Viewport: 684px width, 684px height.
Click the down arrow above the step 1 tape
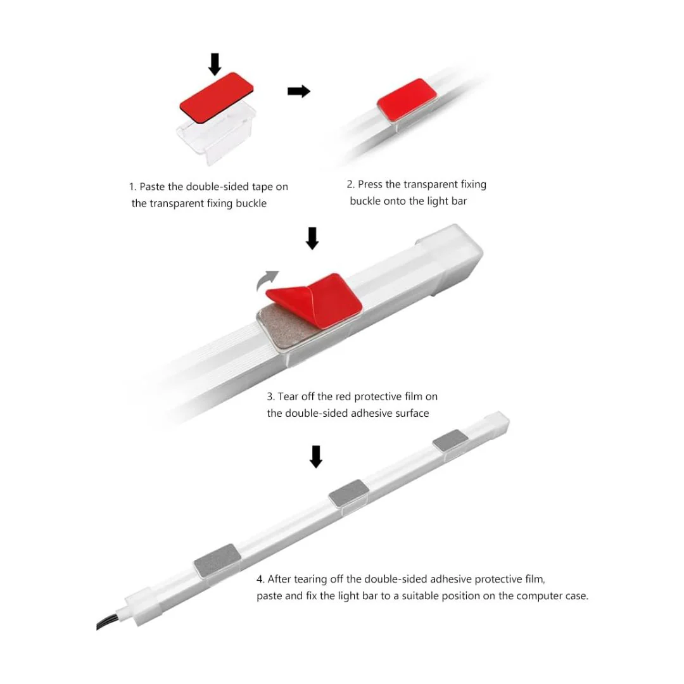[x=215, y=64]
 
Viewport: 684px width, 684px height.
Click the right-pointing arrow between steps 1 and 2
[x=299, y=91]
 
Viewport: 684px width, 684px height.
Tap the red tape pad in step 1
[x=217, y=98]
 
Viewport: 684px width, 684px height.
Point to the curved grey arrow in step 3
[x=267, y=280]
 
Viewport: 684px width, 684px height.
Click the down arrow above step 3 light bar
[x=312, y=238]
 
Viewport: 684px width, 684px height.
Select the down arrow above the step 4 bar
[x=316, y=457]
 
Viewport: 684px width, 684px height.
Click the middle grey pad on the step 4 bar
[x=348, y=493]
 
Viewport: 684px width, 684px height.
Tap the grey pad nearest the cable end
[x=217, y=561]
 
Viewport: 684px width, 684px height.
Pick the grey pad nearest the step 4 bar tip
[x=451, y=441]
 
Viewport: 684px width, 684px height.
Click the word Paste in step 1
[x=152, y=187]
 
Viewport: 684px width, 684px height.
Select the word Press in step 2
[x=370, y=184]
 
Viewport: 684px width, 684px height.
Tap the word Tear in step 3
[x=288, y=396]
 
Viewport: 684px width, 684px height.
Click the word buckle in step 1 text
[x=251, y=203]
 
